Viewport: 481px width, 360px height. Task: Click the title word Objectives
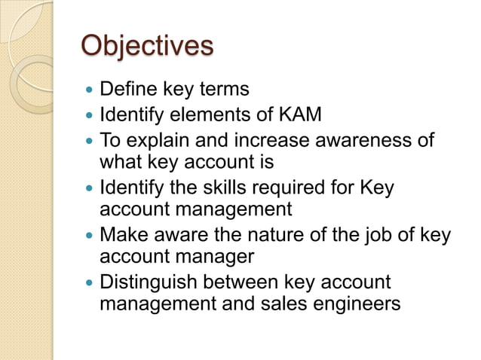point(147,47)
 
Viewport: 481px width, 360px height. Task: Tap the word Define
point(125,90)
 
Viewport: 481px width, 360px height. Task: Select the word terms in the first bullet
point(222,90)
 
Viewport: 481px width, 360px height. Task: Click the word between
point(241,283)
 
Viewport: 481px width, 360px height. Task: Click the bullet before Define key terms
point(88,90)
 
